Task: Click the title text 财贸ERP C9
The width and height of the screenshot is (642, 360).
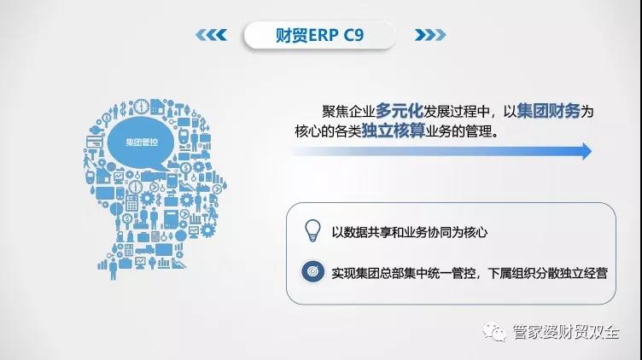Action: click(319, 35)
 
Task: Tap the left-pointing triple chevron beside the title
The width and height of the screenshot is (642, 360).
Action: click(211, 35)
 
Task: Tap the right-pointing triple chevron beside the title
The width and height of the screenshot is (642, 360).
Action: click(430, 35)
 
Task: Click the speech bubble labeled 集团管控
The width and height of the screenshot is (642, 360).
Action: click(141, 143)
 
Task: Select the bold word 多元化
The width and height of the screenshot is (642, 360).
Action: click(400, 110)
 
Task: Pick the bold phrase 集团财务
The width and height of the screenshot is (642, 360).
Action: click(549, 110)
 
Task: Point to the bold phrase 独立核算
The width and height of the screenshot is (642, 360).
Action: click(394, 131)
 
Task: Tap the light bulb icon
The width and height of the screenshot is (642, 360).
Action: click(312, 230)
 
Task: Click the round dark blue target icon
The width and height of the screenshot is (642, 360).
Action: click(312, 271)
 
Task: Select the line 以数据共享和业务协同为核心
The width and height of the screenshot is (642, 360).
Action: click(410, 232)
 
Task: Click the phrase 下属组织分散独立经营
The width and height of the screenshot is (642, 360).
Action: click(547, 273)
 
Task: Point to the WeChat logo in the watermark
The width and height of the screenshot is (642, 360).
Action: click(494, 332)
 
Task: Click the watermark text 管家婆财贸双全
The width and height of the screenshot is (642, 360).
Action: click(565, 332)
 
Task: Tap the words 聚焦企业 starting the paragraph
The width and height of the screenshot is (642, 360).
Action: click(349, 111)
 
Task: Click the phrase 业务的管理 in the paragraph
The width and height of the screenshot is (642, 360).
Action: click(458, 131)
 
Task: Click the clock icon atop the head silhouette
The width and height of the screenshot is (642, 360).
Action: click(141, 107)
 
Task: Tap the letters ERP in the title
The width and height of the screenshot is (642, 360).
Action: click(323, 36)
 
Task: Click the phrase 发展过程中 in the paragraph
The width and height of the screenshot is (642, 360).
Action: click(457, 111)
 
